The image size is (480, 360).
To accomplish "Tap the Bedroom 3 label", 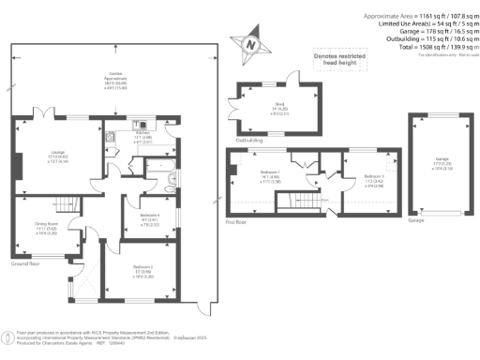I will (373, 178).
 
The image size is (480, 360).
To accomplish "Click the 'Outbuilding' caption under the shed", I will (247, 141).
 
